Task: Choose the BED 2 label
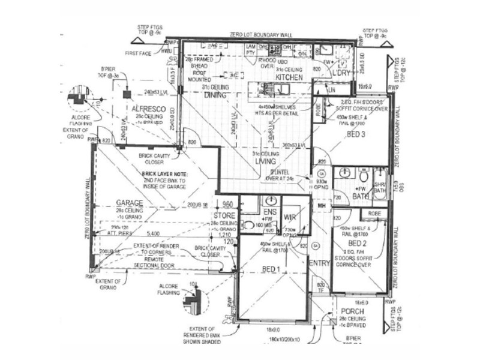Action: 357,244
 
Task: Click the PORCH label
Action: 352,312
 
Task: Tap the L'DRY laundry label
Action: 340,73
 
